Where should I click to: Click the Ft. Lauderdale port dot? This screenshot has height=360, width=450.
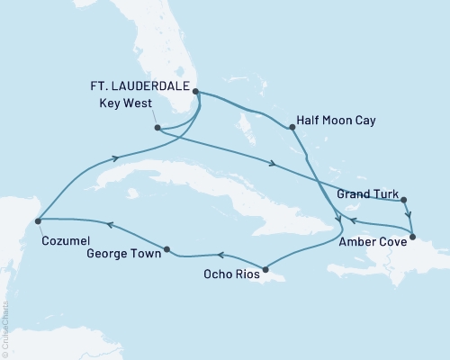click(x=195, y=91)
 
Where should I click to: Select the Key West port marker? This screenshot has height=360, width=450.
click(x=157, y=128)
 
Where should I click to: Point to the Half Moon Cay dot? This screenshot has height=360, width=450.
click(x=292, y=128)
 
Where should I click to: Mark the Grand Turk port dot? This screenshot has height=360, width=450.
click(x=404, y=200)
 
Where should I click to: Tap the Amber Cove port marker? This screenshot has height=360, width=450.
click(x=412, y=238)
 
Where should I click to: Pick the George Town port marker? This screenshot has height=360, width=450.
click(x=167, y=247)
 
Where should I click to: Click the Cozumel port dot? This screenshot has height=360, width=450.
click(x=38, y=219)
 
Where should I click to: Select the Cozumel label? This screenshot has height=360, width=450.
click(x=62, y=241)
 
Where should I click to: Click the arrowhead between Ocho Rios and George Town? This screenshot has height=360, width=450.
click(x=219, y=256)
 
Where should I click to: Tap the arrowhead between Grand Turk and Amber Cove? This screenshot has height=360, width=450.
click(x=409, y=217)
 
